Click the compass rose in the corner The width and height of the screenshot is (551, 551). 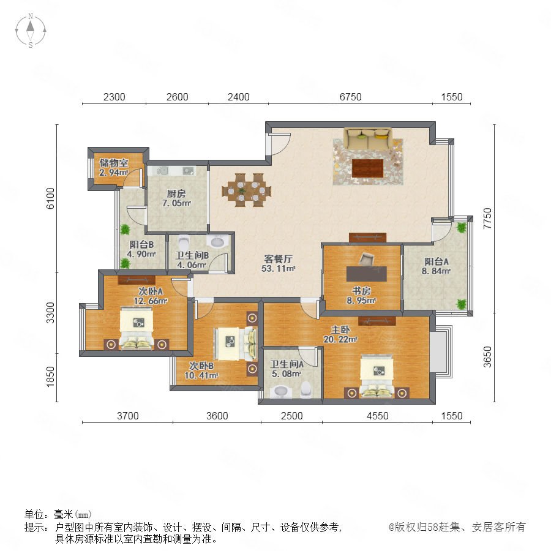click(x=31, y=30)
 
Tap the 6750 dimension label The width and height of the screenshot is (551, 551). click(x=350, y=97)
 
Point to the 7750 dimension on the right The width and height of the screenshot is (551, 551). click(x=487, y=218)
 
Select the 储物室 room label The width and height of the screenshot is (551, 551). click(x=113, y=163)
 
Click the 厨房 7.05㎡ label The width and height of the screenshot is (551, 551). click(x=176, y=198)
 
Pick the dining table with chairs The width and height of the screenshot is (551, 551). click(x=246, y=190)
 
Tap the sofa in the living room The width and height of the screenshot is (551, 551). click(x=368, y=138)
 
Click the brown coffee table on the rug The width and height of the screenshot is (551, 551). click(x=367, y=168)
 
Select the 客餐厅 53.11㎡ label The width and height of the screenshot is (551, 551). click(x=279, y=263)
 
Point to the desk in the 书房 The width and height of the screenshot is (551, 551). click(x=367, y=274)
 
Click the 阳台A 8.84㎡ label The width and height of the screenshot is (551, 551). click(x=436, y=266)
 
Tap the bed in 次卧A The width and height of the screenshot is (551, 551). click(x=137, y=329)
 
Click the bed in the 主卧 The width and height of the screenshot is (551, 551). click(x=377, y=377)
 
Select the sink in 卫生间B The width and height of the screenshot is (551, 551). click(x=217, y=242)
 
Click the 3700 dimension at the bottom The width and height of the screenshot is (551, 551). click(x=127, y=416)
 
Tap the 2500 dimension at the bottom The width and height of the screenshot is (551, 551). click(x=291, y=416)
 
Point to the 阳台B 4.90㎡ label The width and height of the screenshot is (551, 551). click(x=141, y=249)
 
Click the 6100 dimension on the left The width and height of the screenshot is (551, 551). click(x=51, y=198)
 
